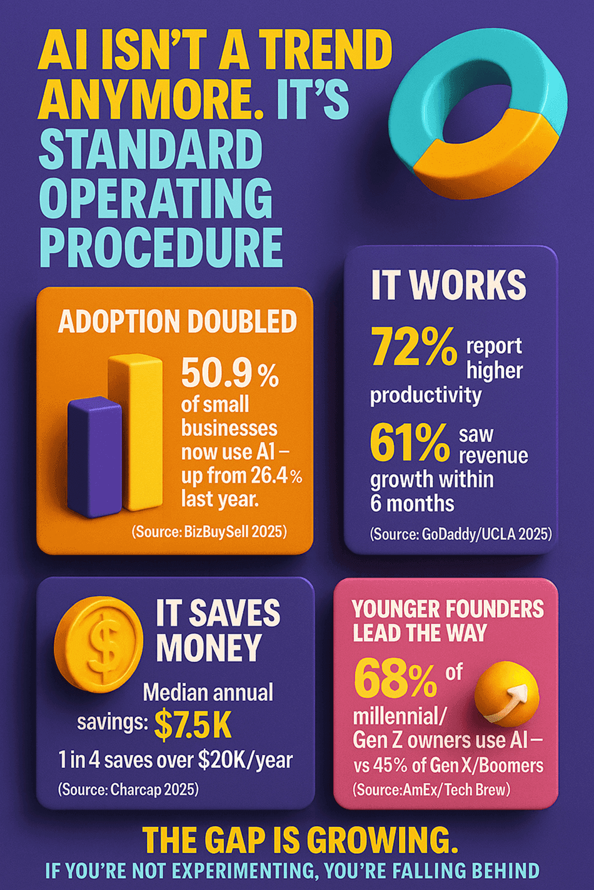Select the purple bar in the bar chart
(94, 456)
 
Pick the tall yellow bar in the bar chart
(136, 431)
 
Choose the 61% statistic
(410, 442)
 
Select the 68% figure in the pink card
(395, 679)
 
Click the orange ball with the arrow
(506, 695)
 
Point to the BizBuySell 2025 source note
(209, 532)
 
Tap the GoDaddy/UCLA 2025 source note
(461, 534)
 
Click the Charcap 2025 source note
(128, 789)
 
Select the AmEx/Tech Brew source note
(431, 789)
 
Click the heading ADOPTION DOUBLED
(178, 322)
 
